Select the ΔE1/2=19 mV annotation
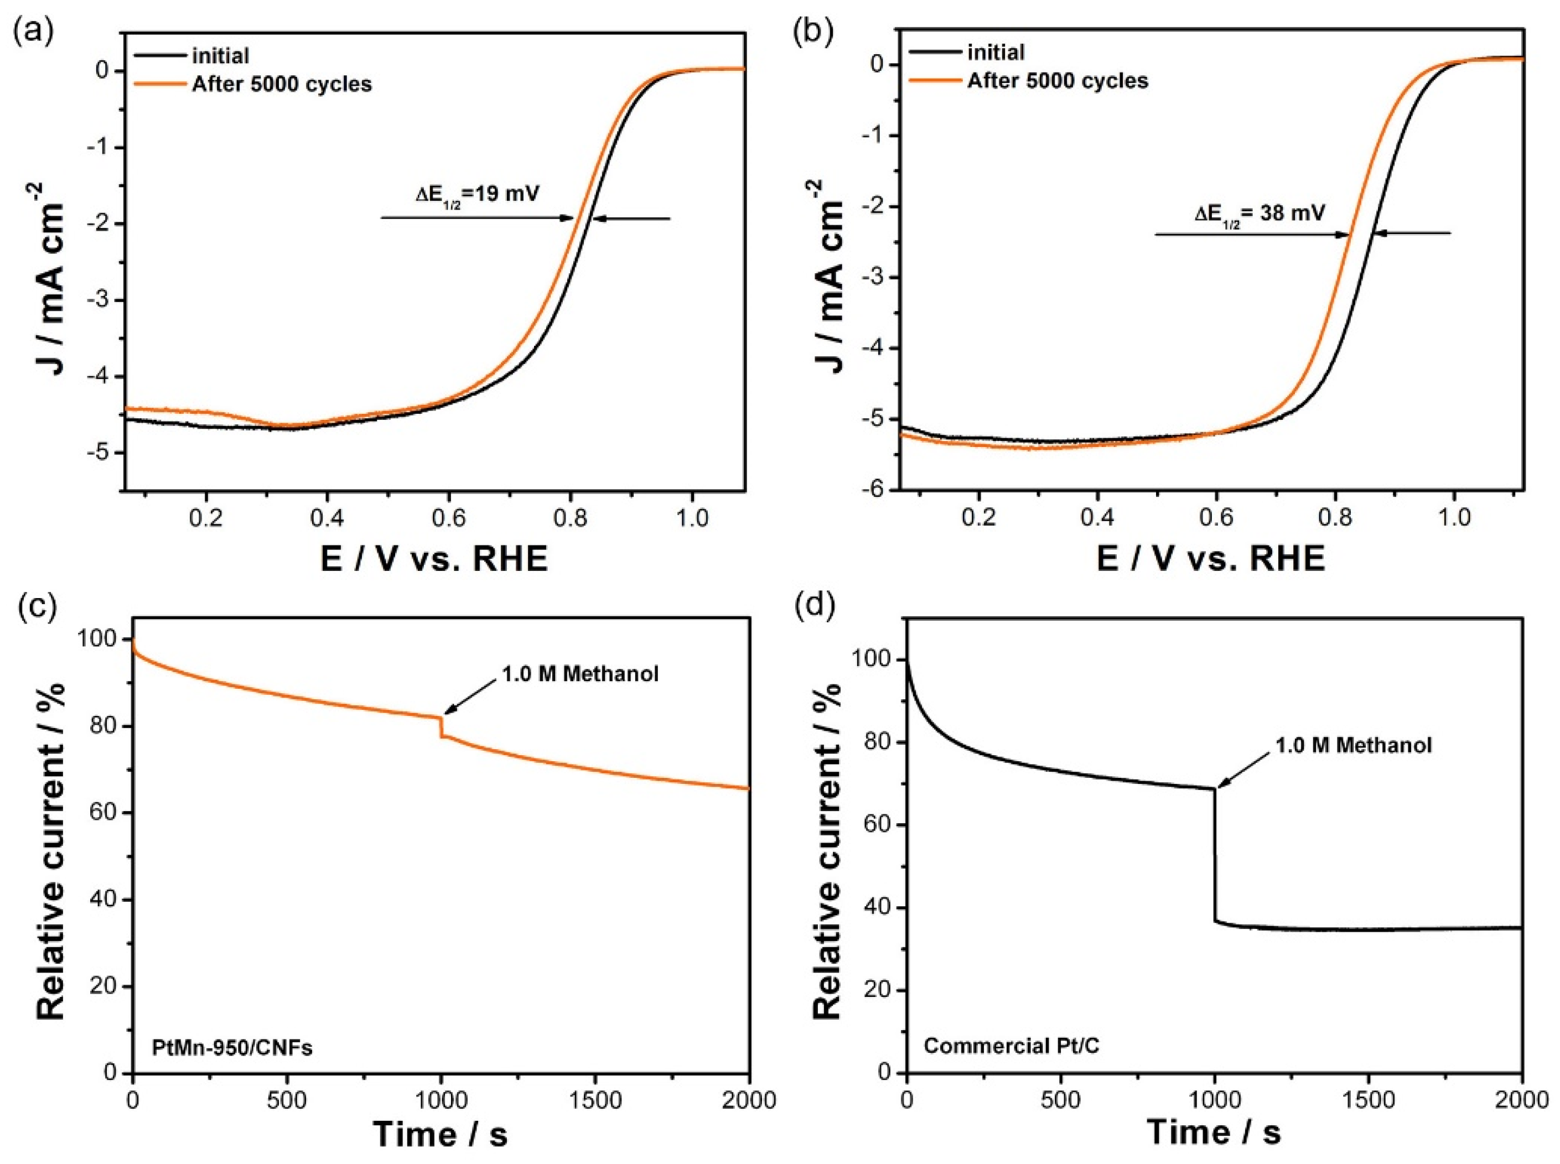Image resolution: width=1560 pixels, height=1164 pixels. click(477, 193)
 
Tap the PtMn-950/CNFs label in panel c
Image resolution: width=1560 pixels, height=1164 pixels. click(232, 1048)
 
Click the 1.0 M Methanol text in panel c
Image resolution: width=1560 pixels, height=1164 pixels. click(580, 674)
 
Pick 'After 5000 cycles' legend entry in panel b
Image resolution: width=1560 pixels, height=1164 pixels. click(1057, 80)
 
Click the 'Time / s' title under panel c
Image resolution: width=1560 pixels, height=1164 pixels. click(440, 1134)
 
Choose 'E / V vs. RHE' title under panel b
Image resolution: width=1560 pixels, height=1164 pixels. click(1210, 559)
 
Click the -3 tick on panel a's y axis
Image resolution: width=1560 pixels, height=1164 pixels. click(99, 301)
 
